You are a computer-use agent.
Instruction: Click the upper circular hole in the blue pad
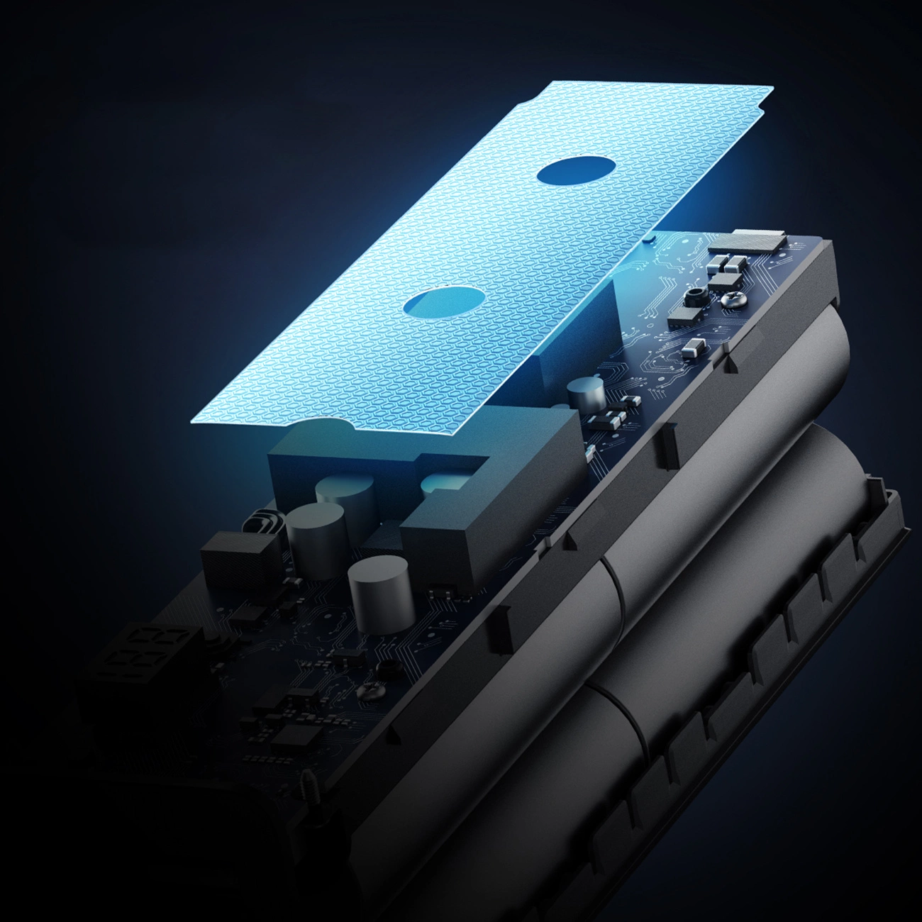tap(575, 172)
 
